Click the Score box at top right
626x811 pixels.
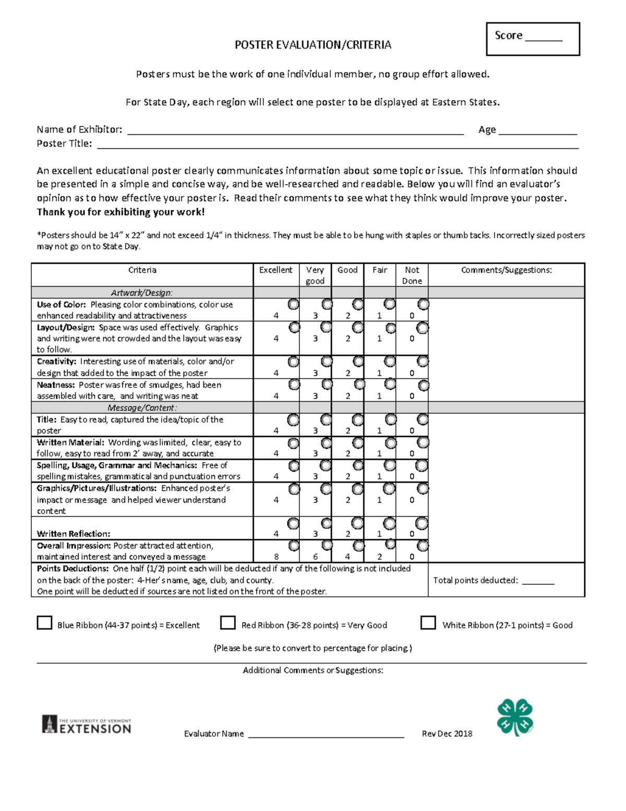pos(533,39)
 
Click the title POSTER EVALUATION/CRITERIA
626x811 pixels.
pos(312,45)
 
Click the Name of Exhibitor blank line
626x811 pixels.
pos(295,131)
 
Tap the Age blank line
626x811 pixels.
pos(537,131)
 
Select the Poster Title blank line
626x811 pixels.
pos(338,145)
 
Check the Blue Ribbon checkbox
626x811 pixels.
pos(44,623)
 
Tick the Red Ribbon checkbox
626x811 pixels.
pos(228,623)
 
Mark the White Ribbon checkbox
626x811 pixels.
pos(428,623)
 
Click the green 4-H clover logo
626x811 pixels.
pos(515,718)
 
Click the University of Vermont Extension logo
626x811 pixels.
pos(87,725)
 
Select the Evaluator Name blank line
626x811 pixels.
pos(326,734)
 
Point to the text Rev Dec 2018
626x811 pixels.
pos(447,734)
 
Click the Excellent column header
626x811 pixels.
pos(276,270)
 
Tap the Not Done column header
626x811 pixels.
pos(412,275)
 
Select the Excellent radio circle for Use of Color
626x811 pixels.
pos(293,304)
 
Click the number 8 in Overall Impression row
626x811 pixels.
pos(276,557)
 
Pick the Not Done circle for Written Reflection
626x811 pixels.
pos(422,523)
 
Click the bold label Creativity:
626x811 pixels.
pos(56,361)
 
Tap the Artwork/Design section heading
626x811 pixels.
pos(142,293)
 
